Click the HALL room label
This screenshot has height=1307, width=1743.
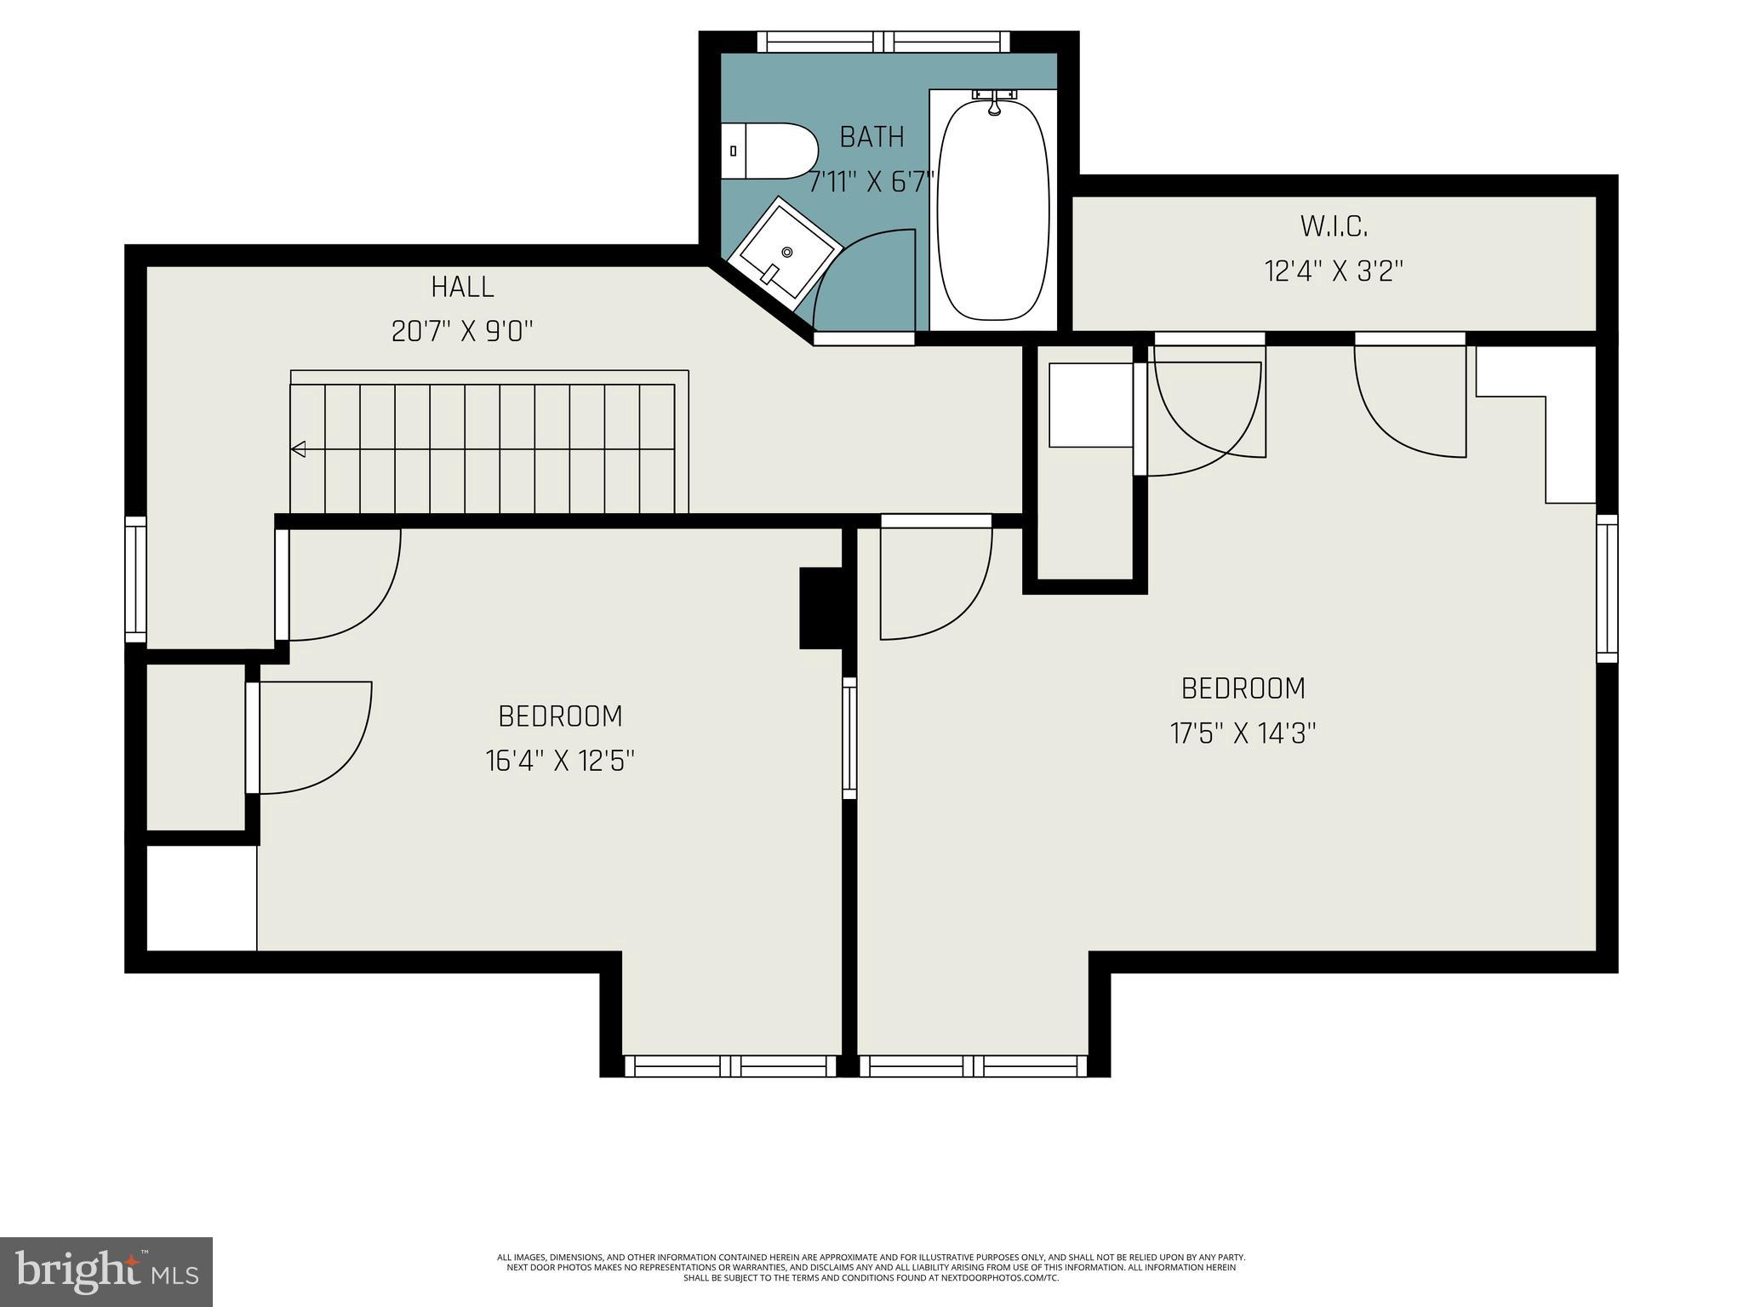[x=462, y=287]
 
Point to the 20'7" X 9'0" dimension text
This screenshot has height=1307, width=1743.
[x=462, y=331]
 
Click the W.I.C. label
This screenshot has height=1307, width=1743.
[x=1334, y=226]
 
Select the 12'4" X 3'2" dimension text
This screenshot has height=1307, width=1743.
[x=1334, y=271]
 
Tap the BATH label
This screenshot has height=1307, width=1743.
[x=871, y=137]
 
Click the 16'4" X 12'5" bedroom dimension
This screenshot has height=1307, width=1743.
[x=560, y=761]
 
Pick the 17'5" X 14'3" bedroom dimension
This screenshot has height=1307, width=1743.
[x=1243, y=733]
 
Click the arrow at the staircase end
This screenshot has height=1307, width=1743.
[x=298, y=448]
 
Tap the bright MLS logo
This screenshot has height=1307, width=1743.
[x=106, y=1271]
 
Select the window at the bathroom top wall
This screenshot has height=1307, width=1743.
[x=883, y=42]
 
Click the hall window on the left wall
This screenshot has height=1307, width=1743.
[x=135, y=579]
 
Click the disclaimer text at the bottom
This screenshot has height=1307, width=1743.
[x=871, y=1268]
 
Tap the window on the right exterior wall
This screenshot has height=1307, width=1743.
[x=1607, y=588]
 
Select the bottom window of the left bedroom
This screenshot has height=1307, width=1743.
[x=730, y=1065]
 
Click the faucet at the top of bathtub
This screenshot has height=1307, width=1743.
[x=993, y=100]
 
